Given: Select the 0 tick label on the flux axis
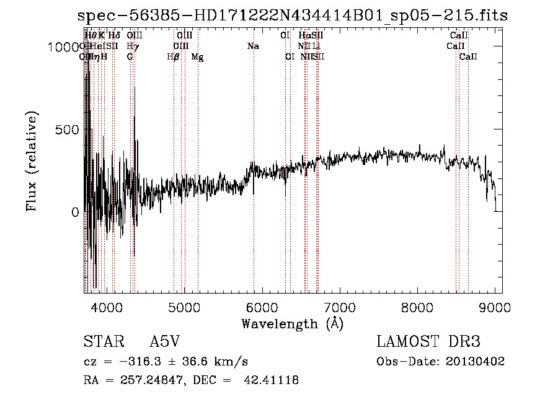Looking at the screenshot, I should (74, 212).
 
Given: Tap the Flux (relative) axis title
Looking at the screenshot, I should (31, 161).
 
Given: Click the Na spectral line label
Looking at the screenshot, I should (253, 46).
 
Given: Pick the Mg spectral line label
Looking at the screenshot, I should (197, 57).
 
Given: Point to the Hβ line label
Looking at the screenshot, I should (174, 57).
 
